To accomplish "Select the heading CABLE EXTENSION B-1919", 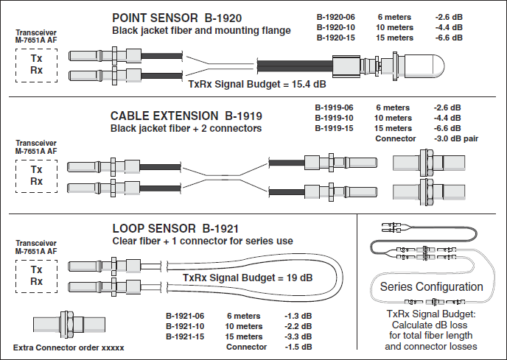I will pos(186,116).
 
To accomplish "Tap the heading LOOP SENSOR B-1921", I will pos(175,227).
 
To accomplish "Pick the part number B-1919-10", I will pos(334,118).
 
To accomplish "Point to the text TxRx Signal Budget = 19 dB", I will pos(247,278).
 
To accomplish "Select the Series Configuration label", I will pos(431,286).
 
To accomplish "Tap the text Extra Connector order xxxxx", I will pos(69,347).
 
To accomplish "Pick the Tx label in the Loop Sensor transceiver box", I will pos(36,269).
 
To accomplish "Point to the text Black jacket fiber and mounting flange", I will pos(201,31).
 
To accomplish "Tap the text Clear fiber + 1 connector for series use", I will pos(203,241).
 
